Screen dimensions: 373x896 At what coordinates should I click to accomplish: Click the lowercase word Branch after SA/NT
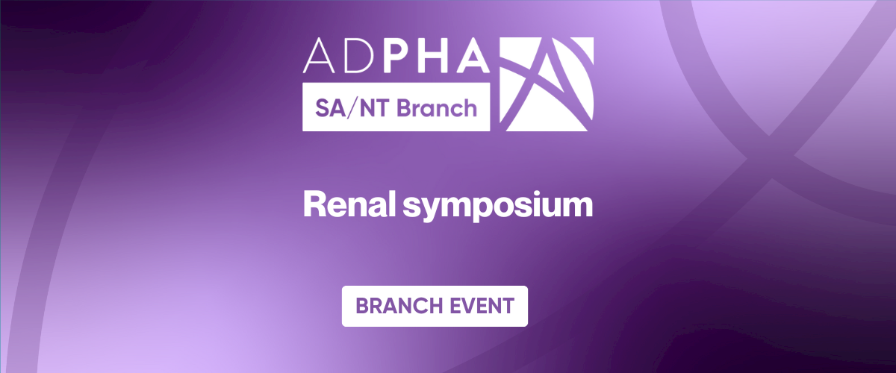[436, 108]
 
